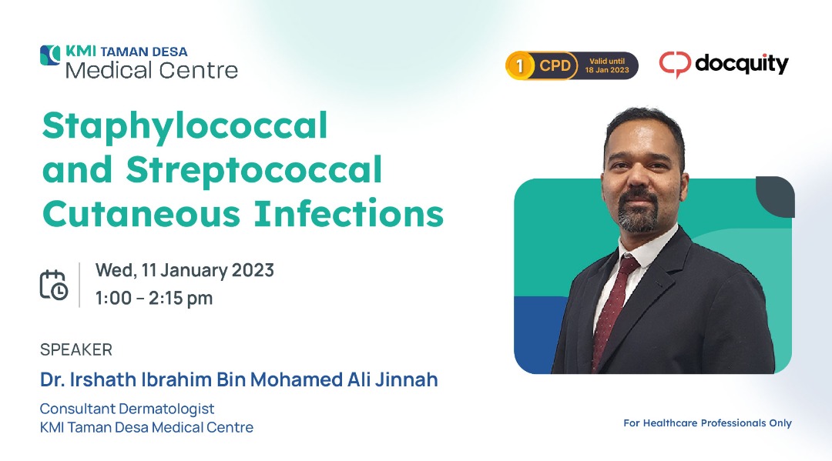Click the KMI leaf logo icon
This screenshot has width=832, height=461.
50,55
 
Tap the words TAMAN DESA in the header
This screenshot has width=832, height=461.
144,52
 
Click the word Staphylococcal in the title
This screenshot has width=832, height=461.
185,127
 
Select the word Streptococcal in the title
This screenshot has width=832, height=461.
253,170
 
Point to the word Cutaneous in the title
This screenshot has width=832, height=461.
141,214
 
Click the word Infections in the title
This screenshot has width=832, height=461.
349,213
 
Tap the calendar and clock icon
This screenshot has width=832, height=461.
54,285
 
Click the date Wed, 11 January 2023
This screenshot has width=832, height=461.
185,270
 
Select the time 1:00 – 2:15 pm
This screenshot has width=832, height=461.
154,299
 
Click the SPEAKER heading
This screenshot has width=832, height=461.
75,349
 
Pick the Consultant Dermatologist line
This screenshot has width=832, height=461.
127,409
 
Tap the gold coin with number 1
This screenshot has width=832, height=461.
519,65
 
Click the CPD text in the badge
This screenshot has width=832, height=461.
555,65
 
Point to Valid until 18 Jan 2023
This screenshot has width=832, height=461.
607,65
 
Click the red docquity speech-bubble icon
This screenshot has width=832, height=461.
675,65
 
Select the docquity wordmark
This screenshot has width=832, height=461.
742,64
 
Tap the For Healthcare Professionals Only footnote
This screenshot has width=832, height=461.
707,423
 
